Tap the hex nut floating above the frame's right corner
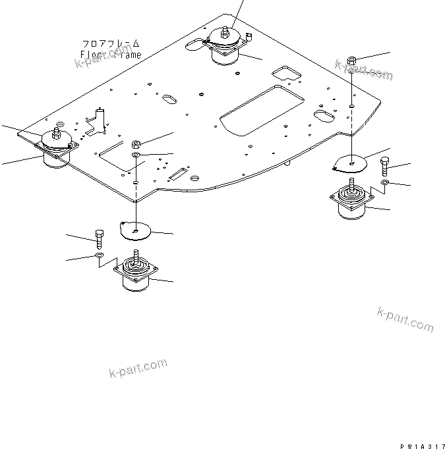(x=352, y=63)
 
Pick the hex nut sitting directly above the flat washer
(x=136, y=144)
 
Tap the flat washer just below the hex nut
(x=135, y=155)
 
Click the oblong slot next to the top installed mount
(x=196, y=45)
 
